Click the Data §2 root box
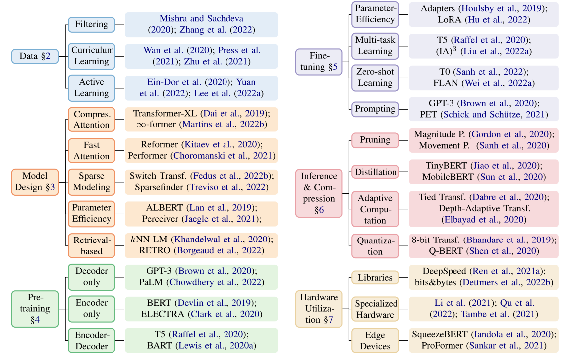[35, 56]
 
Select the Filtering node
[91, 24]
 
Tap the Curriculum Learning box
[91, 56]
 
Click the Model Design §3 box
[35, 182]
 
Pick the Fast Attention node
[91, 150]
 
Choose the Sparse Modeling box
[91, 182]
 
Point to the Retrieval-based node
[91, 245]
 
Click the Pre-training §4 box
[35, 308]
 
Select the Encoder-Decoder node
[91, 340]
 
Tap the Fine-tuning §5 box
[319, 62]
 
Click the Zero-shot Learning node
[375, 77]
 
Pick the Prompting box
[375, 109]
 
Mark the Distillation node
[375, 172]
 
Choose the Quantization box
[375, 246]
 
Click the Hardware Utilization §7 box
[319, 309]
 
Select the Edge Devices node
[375, 340]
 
